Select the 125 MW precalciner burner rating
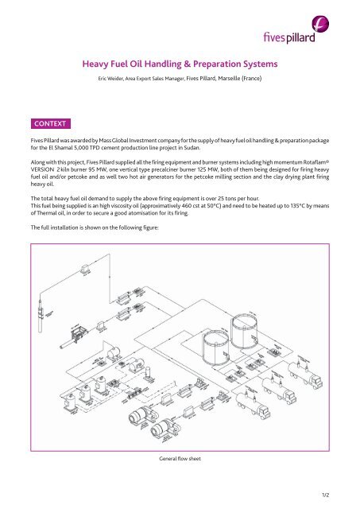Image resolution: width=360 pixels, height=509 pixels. coord(219,173)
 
